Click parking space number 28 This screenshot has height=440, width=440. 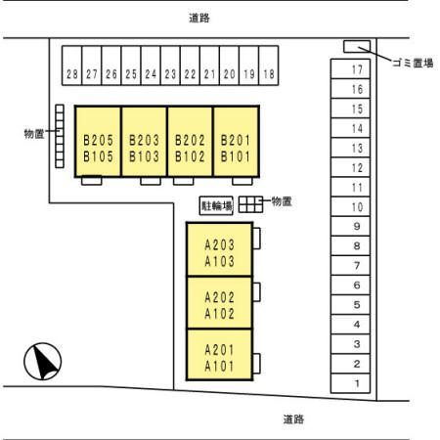71,66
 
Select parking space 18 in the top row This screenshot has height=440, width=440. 269,66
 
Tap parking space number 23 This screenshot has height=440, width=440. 170,66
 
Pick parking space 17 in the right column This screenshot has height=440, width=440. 350,68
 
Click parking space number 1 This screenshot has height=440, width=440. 350,383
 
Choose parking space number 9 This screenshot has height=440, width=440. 350,226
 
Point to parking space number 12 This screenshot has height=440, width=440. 350,167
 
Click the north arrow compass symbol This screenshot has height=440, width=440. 43,362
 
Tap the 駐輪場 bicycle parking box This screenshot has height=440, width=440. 216,205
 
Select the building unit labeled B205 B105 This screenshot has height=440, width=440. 98,142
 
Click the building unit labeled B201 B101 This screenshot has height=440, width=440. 237,142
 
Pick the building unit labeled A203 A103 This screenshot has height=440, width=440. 220,249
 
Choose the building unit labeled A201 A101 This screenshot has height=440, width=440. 220,355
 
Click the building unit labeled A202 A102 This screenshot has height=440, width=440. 220,303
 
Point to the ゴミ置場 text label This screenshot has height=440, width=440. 413,63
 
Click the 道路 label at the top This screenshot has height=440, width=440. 199,18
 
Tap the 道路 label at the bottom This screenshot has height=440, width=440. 293,419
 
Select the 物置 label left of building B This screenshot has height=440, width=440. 34,134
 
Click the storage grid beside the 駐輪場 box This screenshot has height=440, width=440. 250,204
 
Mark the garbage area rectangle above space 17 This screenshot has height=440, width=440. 357,46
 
